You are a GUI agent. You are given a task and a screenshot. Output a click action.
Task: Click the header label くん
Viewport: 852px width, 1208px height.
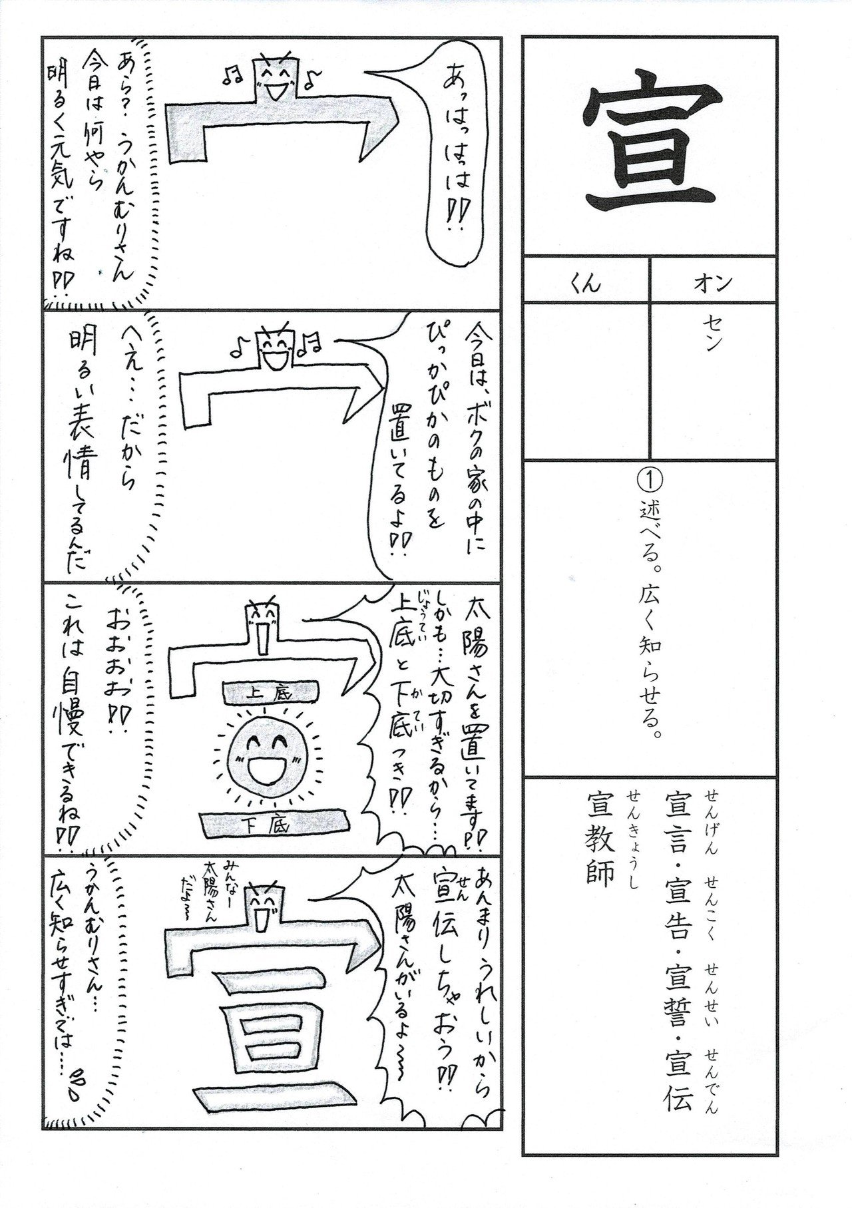585,284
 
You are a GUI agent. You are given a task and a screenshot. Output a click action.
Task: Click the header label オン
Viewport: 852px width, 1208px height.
713,284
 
